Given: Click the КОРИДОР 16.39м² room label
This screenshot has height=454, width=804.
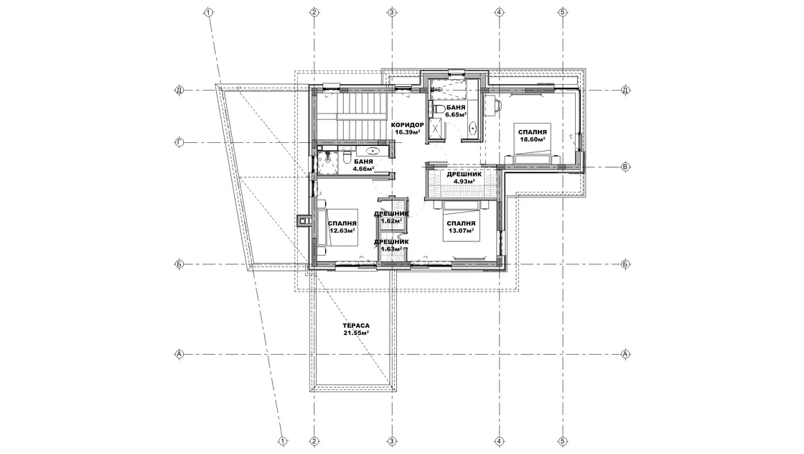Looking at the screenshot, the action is [407, 129].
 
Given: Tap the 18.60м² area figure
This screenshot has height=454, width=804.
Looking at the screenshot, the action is [532, 139].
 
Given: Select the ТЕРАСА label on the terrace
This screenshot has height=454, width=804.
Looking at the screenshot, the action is [356, 325].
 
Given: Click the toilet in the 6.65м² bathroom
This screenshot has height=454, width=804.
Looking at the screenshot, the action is [439, 108].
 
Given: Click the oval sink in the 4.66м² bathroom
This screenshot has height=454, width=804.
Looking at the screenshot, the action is [373, 151].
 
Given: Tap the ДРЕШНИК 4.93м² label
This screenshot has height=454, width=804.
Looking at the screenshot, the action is [464, 177].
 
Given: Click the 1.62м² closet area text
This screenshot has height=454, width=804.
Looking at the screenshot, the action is [391, 221].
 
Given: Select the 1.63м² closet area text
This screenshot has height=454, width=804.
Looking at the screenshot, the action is [391, 249].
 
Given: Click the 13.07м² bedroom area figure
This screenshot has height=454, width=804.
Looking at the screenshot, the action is [460, 231].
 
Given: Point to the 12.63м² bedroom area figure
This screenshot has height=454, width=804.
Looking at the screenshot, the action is [342, 231].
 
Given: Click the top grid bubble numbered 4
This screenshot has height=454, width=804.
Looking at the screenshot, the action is [498, 11].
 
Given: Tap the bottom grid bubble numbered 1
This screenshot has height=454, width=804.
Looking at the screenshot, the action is [282, 440].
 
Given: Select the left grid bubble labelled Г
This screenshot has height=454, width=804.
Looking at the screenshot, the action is [179, 143].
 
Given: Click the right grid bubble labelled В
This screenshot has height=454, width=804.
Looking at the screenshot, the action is [625, 167].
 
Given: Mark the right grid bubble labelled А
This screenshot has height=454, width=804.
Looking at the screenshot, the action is [625, 353].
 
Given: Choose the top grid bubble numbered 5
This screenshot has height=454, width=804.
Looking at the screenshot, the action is [563, 11].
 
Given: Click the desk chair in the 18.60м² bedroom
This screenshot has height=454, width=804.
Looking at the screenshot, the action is [498, 105].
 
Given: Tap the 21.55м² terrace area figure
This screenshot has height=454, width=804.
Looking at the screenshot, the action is [356, 333].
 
